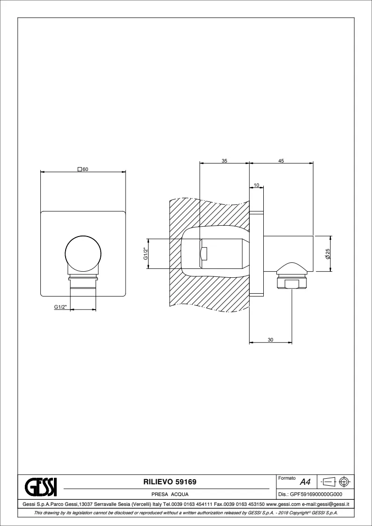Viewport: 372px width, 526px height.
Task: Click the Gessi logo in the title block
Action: coord(41,486)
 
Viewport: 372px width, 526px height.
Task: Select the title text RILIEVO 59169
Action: coord(170,482)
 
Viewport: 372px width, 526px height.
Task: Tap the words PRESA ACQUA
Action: coord(170,494)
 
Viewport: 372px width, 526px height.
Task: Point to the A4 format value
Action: coord(305,482)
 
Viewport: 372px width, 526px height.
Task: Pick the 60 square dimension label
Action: coord(83,170)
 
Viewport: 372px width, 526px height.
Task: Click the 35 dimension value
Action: coord(224,161)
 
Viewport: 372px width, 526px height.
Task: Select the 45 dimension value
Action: coord(281,161)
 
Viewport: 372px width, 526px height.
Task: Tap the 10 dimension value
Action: coord(257,185)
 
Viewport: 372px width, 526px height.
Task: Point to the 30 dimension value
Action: coord(270,340)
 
